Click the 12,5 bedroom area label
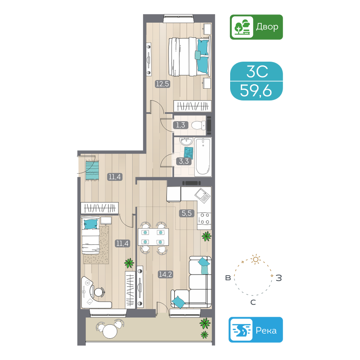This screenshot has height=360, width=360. tap(162, 84)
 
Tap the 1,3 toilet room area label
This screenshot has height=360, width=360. tap(180, 125)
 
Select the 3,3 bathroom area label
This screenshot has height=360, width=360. tap(184, 162)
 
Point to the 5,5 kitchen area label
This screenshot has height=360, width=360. tap(187, 214)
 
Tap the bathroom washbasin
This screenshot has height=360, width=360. tap(187, 142)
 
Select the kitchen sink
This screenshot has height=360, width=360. tap(202, 198)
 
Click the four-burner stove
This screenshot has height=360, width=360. tap(204, 218)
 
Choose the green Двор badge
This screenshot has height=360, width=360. tap(256, 27)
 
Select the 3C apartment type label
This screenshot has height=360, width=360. tap(256, 72)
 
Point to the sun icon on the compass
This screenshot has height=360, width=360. tap(255, 258)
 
